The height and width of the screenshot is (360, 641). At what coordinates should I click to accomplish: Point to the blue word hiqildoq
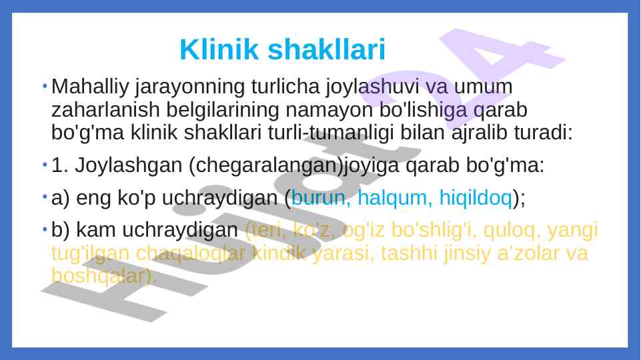point(476,197)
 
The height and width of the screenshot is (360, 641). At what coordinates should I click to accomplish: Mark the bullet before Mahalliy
point(43,85)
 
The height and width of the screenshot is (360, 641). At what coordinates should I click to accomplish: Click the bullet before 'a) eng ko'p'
point(43,196)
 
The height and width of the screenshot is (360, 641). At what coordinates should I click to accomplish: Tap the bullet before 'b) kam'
point(43,229)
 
